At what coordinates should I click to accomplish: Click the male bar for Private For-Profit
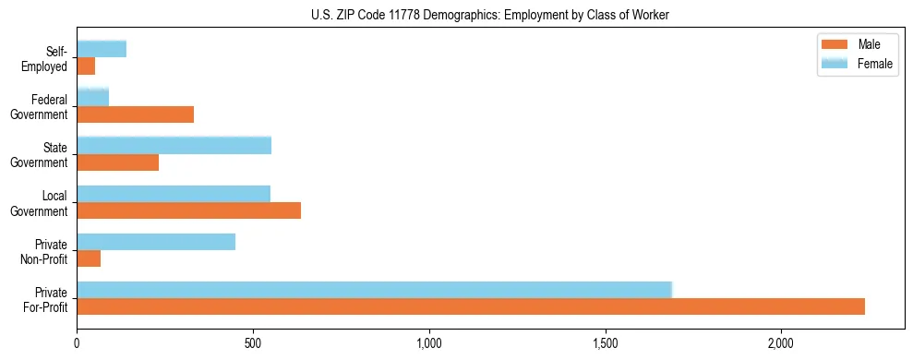471,306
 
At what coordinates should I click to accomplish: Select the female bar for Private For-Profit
374,290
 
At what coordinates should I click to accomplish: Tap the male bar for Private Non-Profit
89,258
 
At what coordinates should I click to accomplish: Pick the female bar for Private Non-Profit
156,242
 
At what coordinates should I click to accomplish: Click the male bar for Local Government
189,210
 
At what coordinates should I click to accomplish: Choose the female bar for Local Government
174,194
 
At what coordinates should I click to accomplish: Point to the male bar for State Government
118,162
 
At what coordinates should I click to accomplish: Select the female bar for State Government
174,146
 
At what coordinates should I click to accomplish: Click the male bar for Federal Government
136,114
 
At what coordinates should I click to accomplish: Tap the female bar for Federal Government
93,97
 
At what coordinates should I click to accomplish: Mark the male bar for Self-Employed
86,66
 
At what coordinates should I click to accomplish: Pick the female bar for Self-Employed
102,50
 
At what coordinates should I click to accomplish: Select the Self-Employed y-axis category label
47,59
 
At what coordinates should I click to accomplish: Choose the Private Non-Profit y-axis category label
47,251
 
